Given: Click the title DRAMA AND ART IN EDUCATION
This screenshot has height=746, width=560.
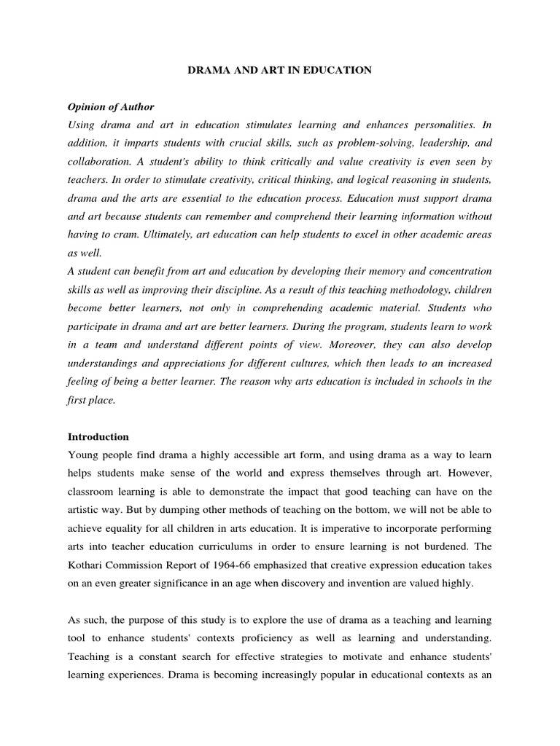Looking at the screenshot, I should point(279,70).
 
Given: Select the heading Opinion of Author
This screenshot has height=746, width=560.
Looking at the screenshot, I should point(111,107).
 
